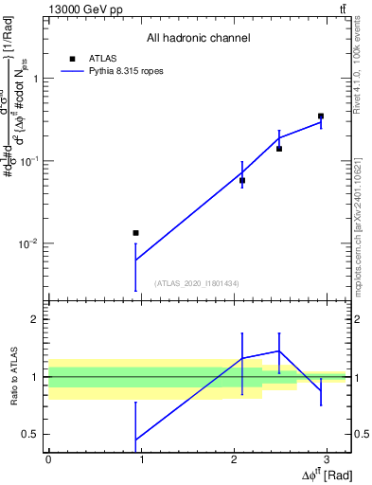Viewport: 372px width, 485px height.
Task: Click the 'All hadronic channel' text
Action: [x=198, y=38]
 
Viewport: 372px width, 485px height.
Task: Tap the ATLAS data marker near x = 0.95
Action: [x=135, y=233]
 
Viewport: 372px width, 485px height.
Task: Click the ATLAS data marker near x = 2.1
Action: [x=242, y=180]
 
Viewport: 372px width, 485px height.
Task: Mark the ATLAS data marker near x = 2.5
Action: [x=279, y=149]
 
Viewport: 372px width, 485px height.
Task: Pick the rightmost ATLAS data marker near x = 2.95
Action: [x=321, y=116]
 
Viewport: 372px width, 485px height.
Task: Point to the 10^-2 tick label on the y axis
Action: [x=29, y=244]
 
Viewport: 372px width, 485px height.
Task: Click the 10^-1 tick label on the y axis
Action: [x=29, y=162]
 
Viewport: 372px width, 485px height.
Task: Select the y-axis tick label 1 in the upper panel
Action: [x=37, y=80]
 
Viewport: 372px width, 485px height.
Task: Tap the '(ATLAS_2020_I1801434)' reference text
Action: [x=197, y=283]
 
